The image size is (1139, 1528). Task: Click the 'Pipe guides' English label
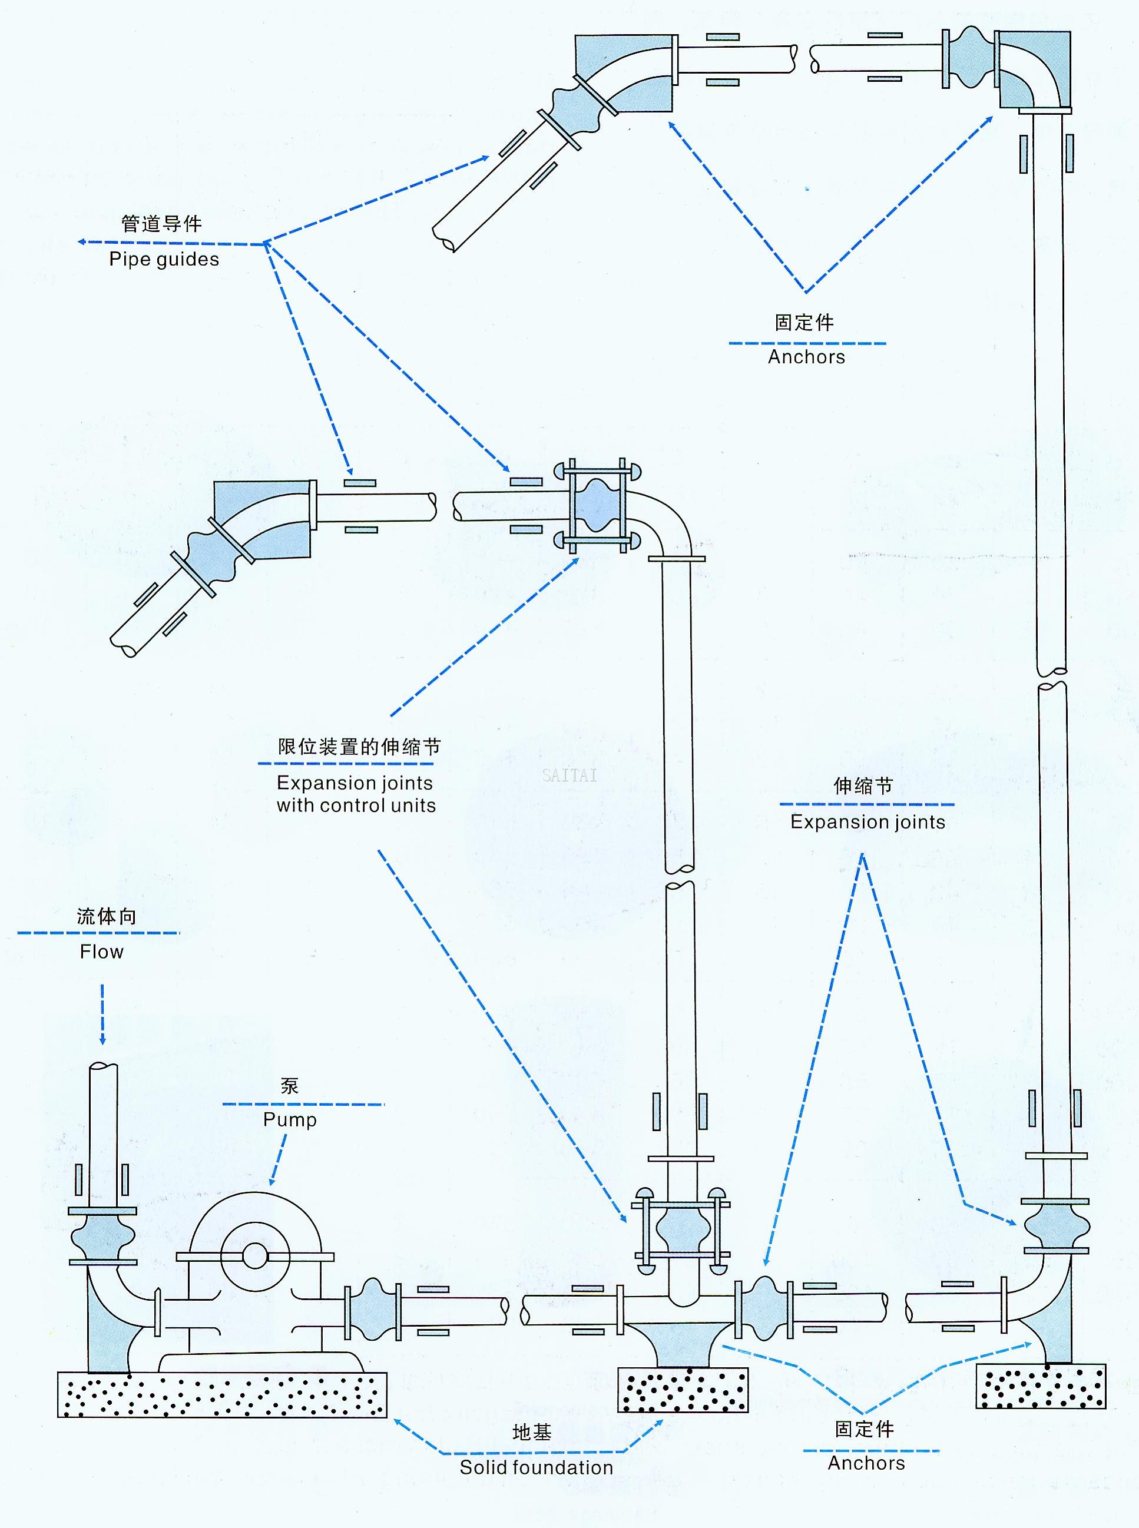coord(164,259)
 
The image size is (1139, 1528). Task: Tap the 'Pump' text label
coord(290,1119)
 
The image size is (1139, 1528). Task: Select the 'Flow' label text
coord(101,952)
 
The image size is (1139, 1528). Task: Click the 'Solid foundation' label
coord(537,1467)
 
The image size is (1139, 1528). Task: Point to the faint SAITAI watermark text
coord(569,775)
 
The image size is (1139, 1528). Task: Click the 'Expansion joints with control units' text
coord(356,794)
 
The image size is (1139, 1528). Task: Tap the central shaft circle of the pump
coord(254,1255)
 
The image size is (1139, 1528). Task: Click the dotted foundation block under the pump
coord(222,1394)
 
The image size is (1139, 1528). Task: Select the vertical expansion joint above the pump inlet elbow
coord(102,1237)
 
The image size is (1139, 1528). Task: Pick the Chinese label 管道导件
coord(161,224)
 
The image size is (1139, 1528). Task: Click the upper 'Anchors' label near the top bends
coord(806,357)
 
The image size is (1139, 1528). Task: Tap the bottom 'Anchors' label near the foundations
coord(866,1463)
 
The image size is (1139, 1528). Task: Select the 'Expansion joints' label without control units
coord(868,821)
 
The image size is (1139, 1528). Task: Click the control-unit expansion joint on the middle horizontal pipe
coord(597,506)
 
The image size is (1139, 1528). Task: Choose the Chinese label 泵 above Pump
coord(290,1086)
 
